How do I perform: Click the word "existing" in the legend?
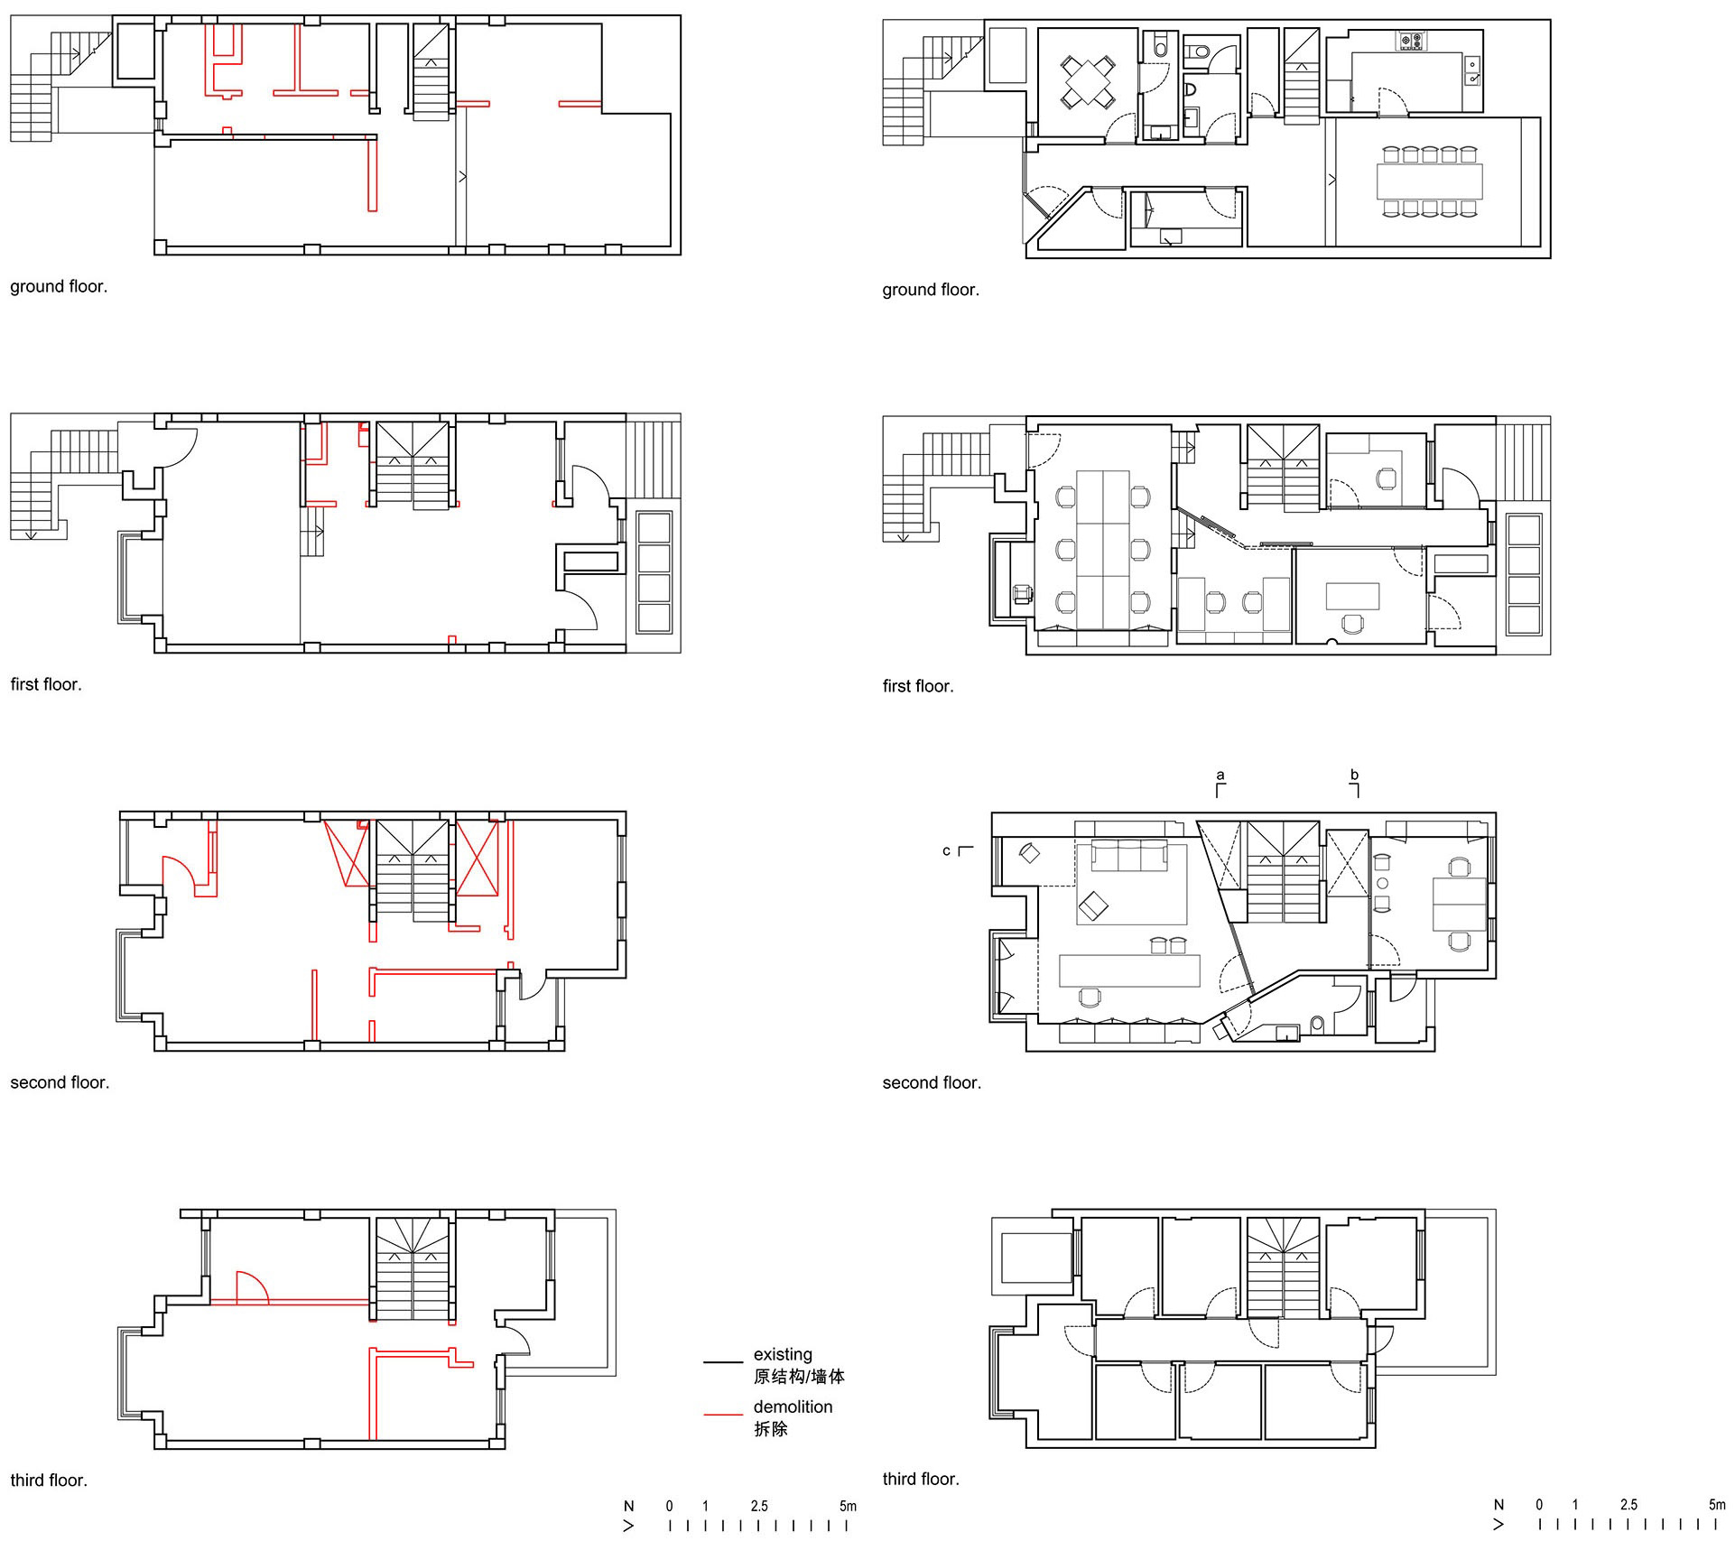coord(783,1354)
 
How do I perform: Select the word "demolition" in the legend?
coord(793,1406)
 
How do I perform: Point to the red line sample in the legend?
coord(723,1414)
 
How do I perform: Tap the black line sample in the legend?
coord(723,1361)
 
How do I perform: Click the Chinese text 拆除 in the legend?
coord(771,1428)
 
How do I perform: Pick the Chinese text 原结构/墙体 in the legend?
coord(799,1377)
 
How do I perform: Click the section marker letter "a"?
coord(1220,775)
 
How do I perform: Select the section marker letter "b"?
coord(1354,774)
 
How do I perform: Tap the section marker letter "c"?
coord(946,850)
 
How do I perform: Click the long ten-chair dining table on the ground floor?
coord(1430,181)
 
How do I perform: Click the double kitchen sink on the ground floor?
coord(1472,70)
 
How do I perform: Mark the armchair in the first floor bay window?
coord(1023,593)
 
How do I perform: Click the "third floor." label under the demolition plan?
coord(49,1480)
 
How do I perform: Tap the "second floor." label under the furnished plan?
coord(932,1082)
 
